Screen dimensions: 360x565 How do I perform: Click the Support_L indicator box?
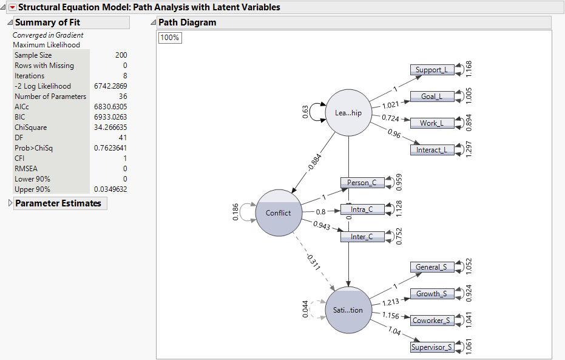pyautogui.click(x=431, y=70)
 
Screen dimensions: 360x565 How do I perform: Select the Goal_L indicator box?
pyautogui.click(x=431, y=96)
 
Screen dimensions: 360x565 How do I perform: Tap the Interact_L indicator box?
pyautogui.click(x=431, y=150)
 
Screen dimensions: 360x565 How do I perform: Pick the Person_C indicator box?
pyautogui.click(x=362, y=183)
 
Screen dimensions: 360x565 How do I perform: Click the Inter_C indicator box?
pyautogui.click(x=362, y=236)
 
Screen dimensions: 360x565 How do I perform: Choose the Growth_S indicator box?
pyautogui.click(x=431, y=294)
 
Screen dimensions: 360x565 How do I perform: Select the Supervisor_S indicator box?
pyautogui.click(x=431, y=347)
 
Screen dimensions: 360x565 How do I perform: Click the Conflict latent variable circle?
pyautogui.click(x=279, y=212)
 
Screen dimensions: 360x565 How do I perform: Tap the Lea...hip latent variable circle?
pyautogui.click(x=348, y=113)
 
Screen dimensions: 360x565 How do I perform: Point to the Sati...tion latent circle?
pyautogui.click(x=348, y=310)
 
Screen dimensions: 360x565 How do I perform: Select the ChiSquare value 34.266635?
pyautogui.click(x=110, y=127)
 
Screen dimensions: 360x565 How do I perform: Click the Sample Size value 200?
pyautogui.click(x=121, y=55)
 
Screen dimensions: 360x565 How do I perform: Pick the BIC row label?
pyautogui.click(x=21, y=117)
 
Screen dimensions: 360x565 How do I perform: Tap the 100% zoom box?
pyautogui.click(x=170, y=38)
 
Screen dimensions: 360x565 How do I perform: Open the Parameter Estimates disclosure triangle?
pyautogui.click(x=9, y=203)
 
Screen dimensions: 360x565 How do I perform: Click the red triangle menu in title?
pyautogui.click(x=12, y=7)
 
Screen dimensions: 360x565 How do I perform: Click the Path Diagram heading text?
pyautogui.click(x=187, y=22)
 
